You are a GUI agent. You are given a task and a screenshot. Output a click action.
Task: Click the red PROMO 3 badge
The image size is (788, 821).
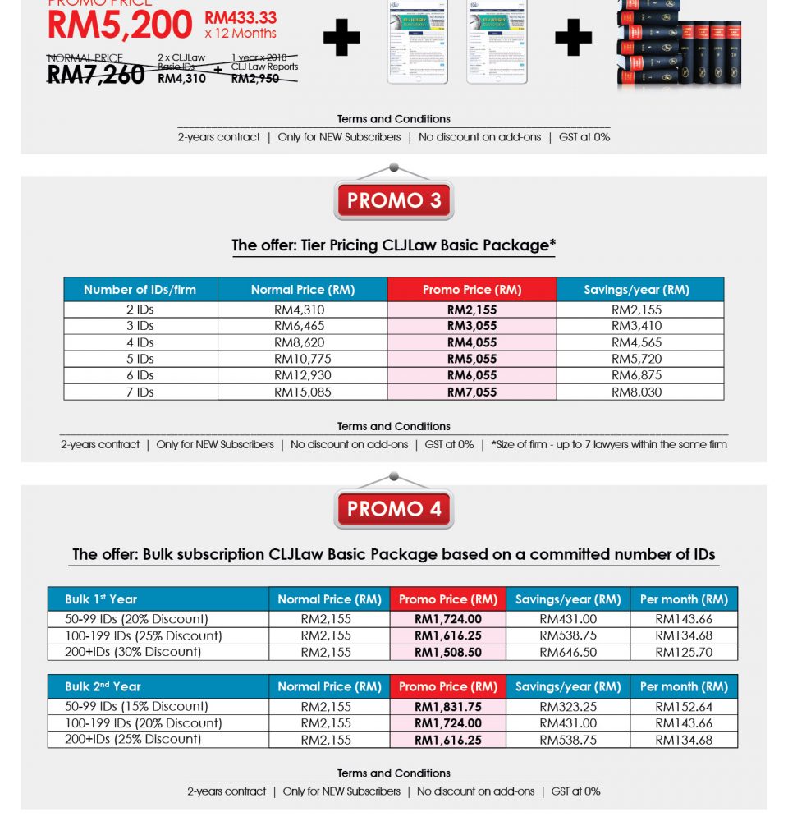click(x=394, y=200)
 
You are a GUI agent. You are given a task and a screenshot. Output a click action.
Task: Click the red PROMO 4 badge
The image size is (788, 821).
click(x=394, y=509)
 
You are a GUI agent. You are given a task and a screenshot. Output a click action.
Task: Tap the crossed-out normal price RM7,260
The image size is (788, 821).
click(x=96, y=74)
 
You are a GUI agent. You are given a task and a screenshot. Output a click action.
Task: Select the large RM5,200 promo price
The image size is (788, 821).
click(x=120, y=25)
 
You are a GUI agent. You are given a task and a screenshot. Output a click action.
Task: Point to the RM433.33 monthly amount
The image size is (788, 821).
click(x=241, y=17)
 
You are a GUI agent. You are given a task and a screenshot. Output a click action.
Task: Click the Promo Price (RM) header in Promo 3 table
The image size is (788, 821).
click(x=472, y=290)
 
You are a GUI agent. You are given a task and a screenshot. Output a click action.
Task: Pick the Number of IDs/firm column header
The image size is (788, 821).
click(x=140, y=290)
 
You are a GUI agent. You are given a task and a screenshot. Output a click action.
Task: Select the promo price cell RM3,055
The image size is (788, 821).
click(x=472, y=326)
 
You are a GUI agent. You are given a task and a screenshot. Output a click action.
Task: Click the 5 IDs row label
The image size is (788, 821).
click(x=140, y=359)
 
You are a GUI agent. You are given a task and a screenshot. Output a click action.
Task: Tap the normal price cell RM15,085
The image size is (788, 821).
click(x=303, y=392)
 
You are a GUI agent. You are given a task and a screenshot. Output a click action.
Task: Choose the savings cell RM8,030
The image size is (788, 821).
click(x=637, y=392)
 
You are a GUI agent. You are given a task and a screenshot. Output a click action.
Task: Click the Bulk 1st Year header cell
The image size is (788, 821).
click(x=101, y=599)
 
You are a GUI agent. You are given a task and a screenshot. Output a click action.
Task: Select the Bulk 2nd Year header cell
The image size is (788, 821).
click(x=103, y=686)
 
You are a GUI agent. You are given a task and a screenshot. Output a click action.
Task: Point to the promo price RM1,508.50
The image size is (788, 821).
click(x=448, y=652)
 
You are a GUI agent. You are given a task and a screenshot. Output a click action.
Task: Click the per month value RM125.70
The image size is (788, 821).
click(x=684, y=652)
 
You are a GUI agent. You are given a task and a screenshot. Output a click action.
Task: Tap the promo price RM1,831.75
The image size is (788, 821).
click(x=448, y=706)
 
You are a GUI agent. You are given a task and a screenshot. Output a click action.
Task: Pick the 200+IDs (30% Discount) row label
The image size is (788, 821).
click(x=133, y=652)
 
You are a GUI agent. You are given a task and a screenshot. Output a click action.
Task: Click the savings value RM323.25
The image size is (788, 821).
click(x=568, y=706)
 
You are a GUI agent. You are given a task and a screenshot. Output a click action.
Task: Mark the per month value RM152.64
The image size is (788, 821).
click(x=684, y=706)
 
